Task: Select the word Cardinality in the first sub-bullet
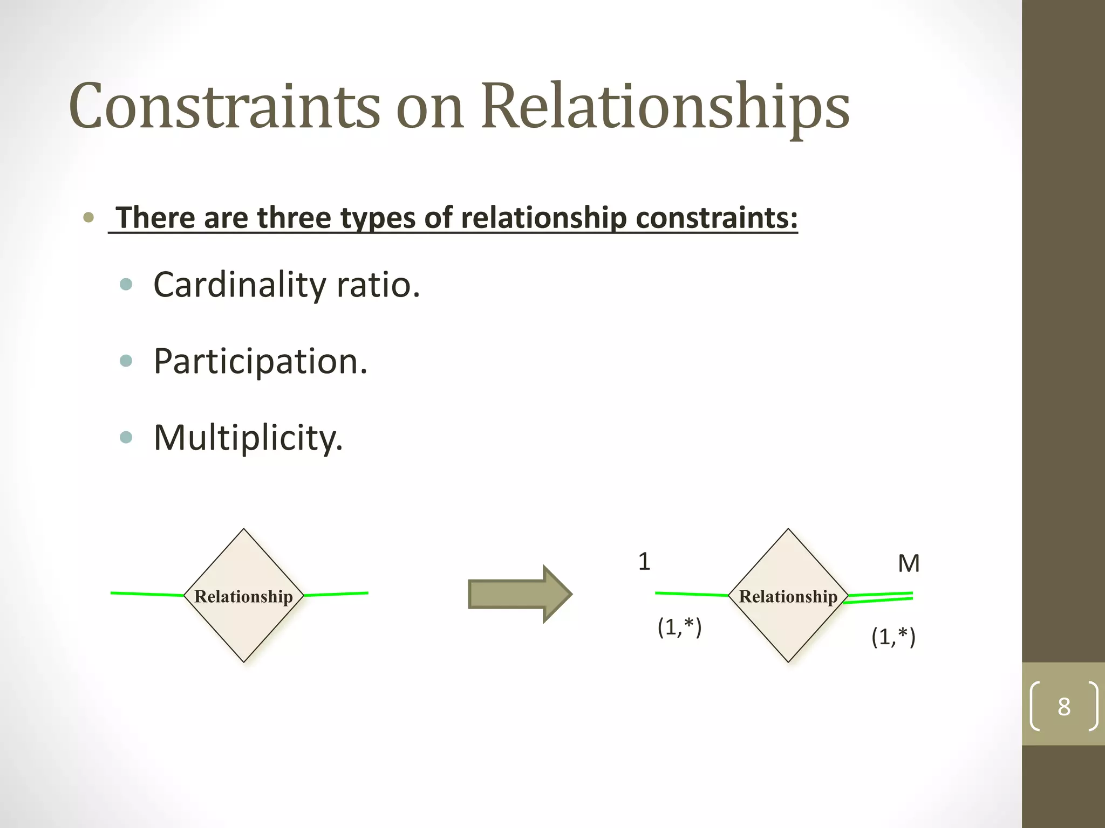[x=238, y=285]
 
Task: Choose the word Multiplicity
[x=248, y=437]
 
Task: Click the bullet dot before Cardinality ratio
[x=126, y=284]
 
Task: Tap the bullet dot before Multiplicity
[x=126, y=437]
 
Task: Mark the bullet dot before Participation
[x=126, y=361]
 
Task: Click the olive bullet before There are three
[x=88, y=218]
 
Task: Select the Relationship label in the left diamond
[x=243, y=596]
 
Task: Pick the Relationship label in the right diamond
[x=788, y=596]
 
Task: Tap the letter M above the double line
[x=909, y=563]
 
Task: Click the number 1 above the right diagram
[x=644, y=562]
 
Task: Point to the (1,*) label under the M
[x=893, y=637]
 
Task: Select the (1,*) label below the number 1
[x=679, y=626]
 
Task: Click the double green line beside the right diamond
[x=879, y=597]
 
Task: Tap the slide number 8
[x=1063, y=706]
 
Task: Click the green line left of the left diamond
[x=147, y=594]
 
